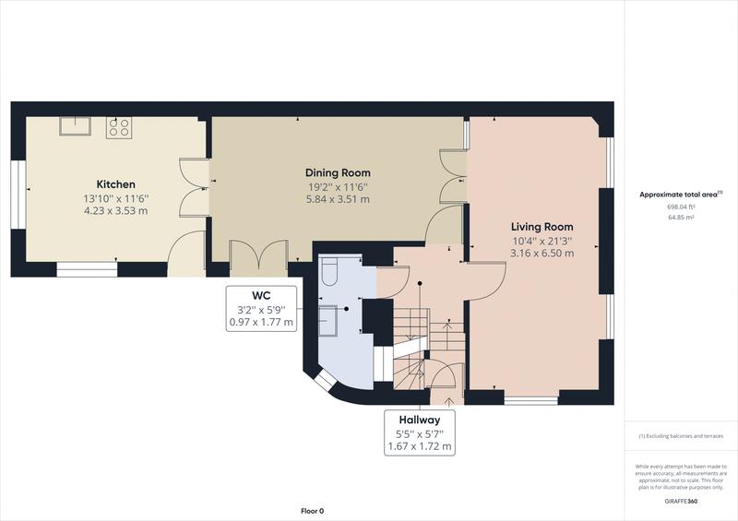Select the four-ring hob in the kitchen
(x=118, y=126)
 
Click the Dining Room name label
(x=338, y=172)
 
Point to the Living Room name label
(x=542, y=226)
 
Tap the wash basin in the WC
(x=328, y=320)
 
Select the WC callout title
(x=261, y=295)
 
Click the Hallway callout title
(x=419, y=418)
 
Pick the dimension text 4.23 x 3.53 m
(x=116, y=211)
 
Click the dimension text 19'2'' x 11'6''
(x=338, y=186)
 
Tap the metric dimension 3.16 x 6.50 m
(x=542, y=253)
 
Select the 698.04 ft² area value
(x=681, y=207)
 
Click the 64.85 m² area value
(x=681, y=219)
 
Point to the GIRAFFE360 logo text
(x=681, y=498)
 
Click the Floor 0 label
(x=313, y=510)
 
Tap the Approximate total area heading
(x=679, y=195)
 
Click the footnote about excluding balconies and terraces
(x=681, y=435)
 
